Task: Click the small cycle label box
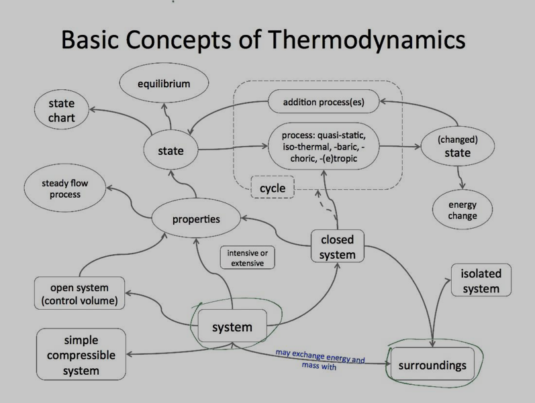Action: click(273, 188)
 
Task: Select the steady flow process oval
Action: click(64, 188)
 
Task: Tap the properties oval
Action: click(195, 219)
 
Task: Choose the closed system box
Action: click(337, 246)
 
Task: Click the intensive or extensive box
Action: click(247, 258)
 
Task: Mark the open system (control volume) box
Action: click(79, 294)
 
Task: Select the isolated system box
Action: click(481, 282)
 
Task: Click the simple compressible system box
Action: click(81, 354)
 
